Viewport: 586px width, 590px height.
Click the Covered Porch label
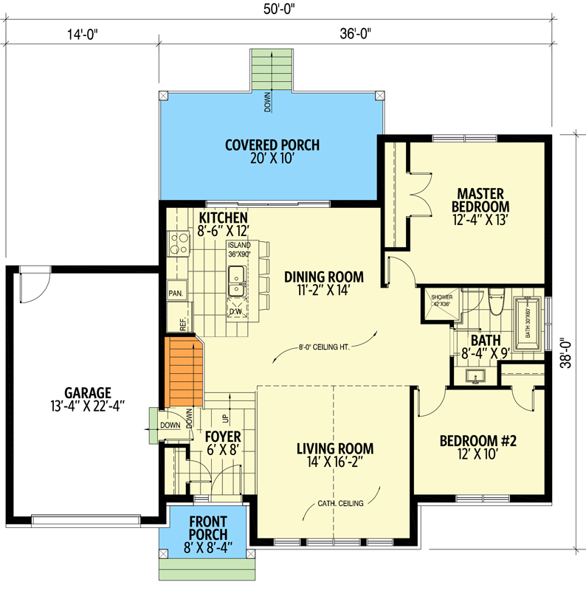click(272, 151)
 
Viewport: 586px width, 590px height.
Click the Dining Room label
click(324, 283)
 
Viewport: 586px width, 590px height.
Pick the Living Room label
click(335, 454)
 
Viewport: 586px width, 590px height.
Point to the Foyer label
click(222, 442)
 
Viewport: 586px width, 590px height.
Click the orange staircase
click(182, 371)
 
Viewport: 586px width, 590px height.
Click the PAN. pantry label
click(176, 292)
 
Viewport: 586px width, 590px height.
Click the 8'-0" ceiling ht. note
click(324, 346)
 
